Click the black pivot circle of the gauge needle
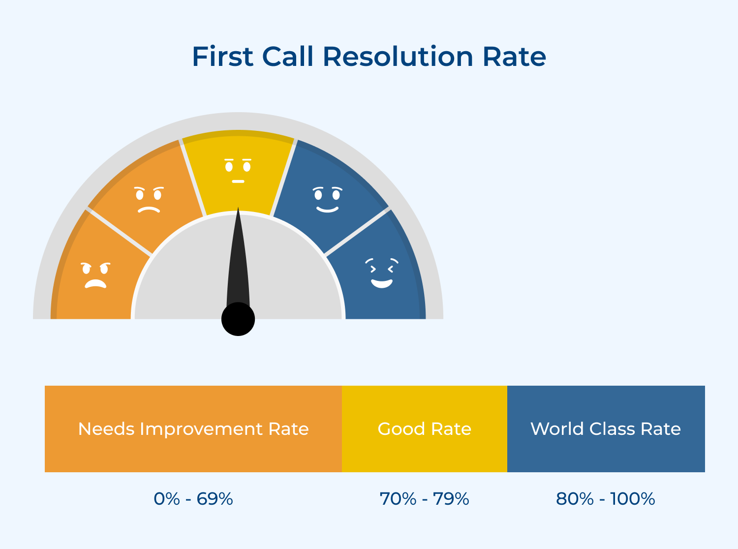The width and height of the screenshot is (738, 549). click(x=238, y=319)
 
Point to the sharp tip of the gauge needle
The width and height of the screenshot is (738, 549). click(x=239, y=209)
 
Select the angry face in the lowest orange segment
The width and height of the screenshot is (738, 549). click(x=95, y=275)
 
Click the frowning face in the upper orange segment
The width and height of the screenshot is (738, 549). click(x=149, y=200)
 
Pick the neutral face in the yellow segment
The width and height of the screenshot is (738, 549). click(x=238, y=170)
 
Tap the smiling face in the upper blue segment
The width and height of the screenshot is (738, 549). click(x=328, y=200)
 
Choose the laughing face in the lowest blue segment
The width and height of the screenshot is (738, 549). click(x=382, y=273)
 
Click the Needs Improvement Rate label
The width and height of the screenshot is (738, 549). click(x=193, y=429)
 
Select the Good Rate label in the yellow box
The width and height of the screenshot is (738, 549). click(x=425, y=429)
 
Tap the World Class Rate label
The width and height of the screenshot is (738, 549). click(x=606, y=429)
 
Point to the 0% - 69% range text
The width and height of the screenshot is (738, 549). click(x=193, y=499)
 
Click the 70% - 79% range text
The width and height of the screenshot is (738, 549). click(x=425, y=499)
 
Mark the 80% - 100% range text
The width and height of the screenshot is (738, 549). click(x=606, y=499)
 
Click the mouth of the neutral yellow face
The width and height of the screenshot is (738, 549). click(x=238, y=182)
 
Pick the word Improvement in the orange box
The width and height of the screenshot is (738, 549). click(x=201, y=429)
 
